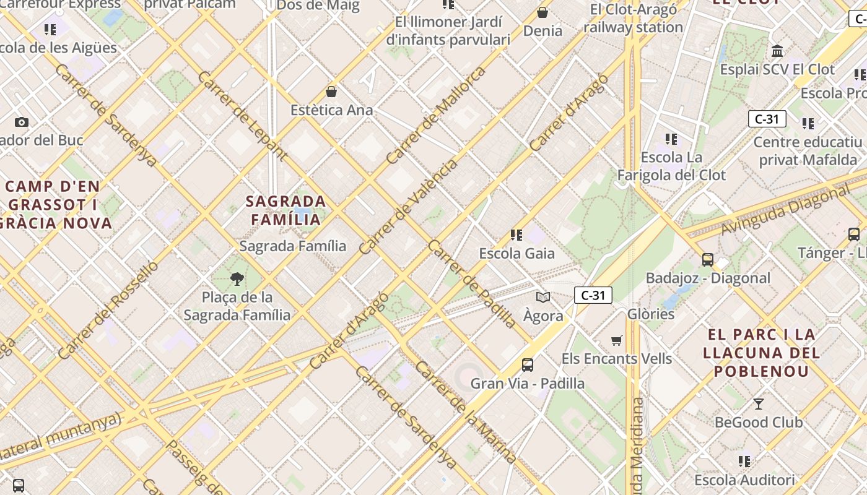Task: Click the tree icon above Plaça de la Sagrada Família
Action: coord(237,279)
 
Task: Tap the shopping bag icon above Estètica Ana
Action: coord(331,92)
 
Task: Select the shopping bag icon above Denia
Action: coord(542,12)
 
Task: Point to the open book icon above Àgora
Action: coord(543,298)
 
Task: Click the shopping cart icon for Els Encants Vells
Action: coord(617,341)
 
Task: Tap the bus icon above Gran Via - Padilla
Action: coord(528,365)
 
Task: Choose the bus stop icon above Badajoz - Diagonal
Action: coord(708,260)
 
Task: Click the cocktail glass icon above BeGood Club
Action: coord(759,404)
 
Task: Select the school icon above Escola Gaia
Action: coord(516,235)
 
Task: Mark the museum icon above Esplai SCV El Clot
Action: coord(777,51)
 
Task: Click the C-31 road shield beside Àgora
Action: coord(593,296)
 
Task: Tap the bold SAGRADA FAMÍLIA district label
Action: coord(285,210)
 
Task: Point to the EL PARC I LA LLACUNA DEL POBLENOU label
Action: coord(762,353)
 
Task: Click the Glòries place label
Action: coord(651,314)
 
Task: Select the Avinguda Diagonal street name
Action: coord(785,210)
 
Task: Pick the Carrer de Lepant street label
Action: coord(243,116)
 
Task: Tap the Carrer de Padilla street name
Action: coord(472,284)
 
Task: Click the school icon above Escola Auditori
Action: coord(744,462)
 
